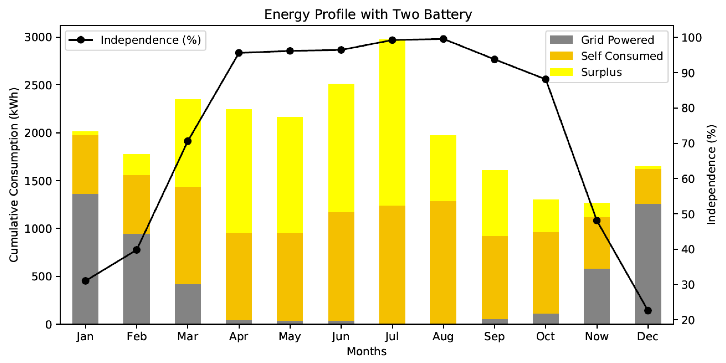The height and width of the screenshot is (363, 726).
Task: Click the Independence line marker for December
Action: (648, 311)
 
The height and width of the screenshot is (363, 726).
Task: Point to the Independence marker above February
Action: (137, 250)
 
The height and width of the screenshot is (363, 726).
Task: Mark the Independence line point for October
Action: (546, 79)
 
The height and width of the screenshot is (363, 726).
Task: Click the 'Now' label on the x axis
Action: (597, 336)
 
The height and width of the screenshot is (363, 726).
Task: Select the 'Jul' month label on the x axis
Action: (392, 336)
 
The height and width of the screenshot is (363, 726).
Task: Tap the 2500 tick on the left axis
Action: (38, 85)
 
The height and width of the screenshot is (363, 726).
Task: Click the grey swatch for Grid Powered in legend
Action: (561, 40)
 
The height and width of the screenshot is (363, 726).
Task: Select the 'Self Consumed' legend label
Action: (622, 56)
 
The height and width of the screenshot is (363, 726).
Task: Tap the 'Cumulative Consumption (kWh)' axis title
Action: (14, 175)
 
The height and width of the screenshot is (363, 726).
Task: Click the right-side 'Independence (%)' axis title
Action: (711, 175)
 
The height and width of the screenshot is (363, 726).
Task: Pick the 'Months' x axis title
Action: (366, 351)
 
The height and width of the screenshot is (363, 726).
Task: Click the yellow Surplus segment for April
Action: (239, 171)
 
